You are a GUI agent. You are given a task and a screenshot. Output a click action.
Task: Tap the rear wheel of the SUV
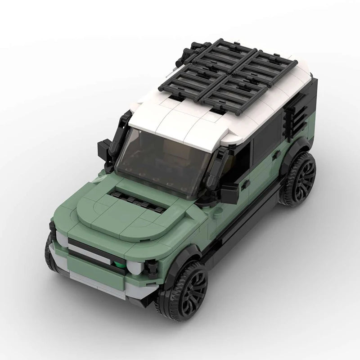click(299, 179)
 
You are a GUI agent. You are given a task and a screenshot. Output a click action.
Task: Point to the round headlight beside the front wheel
click(135, 267)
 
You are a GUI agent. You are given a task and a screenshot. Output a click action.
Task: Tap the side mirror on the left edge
click(104, 149)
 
